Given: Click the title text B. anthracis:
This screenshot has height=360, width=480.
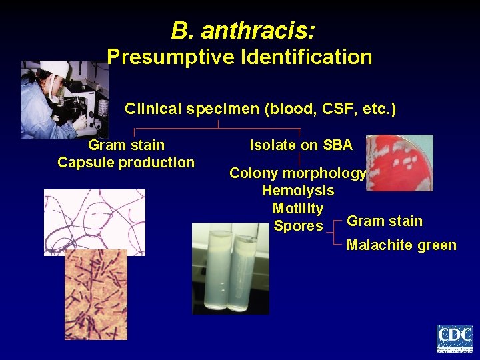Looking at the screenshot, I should point(243,31).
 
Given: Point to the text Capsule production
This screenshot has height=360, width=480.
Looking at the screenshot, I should point(126,162).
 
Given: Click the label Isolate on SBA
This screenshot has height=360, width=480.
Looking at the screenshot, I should point(301,145).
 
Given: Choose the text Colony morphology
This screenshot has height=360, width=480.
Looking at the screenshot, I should point(297,173).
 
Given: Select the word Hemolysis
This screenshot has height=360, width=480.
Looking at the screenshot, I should point(298,191).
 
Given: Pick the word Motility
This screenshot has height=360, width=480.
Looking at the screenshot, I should point(298,209).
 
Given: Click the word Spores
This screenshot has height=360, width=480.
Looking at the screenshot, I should point(298,226).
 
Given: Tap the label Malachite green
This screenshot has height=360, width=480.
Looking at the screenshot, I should point(401,245).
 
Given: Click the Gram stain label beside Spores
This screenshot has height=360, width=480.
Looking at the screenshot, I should point(385,221).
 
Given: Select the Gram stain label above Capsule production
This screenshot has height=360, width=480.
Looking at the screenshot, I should point(126,145).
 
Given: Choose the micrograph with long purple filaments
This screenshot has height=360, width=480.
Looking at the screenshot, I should point(94,220).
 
